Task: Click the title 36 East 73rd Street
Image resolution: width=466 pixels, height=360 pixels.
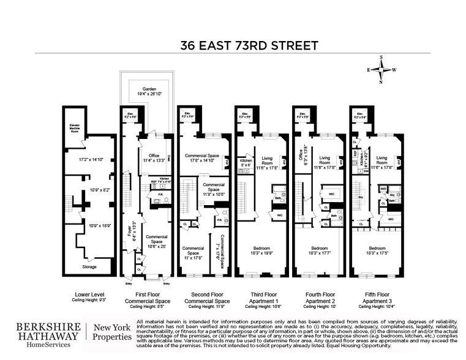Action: [x=249, y=45]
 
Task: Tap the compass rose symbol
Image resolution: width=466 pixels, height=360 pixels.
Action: [x=381, y=69]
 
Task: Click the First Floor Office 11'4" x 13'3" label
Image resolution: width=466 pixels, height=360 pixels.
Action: [x=151, y=158]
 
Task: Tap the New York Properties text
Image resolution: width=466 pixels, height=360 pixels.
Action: [x=111, y=336]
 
